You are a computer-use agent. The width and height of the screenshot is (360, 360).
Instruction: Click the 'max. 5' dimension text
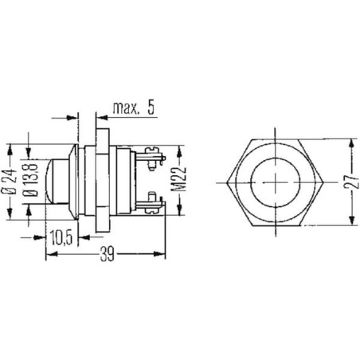[x=134, y=108]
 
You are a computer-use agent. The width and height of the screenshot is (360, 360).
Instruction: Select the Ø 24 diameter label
[x=10, y=182]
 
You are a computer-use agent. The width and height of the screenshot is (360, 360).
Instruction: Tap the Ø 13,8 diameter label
[x=30, y=180]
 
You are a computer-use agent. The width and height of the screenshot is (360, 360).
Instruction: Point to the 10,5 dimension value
[x=61, y=237]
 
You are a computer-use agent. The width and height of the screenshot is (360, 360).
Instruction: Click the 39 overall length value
[x=108, y=254]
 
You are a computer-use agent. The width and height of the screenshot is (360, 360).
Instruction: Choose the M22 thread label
[x=179, y=179]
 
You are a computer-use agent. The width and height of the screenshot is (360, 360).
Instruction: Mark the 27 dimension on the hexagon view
[x=351, y=182]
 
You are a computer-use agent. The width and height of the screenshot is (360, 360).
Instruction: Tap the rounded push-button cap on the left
[x=57, y=182]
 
